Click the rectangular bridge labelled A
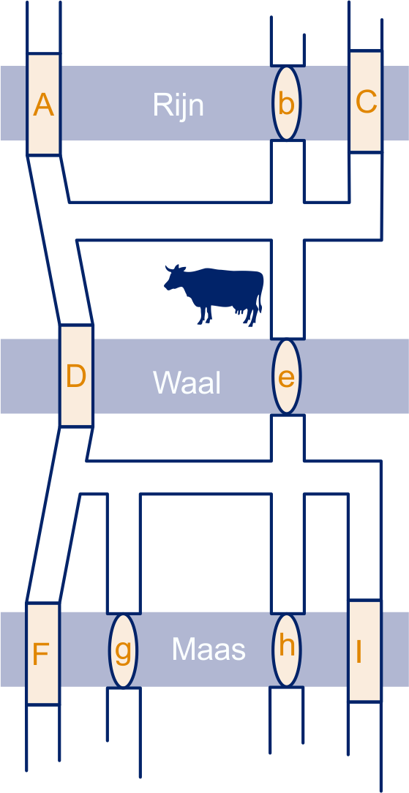pyautogui.click(x=43, y=104)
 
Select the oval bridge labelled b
pyautogui.click(x=287, y=103)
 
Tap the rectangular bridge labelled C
pyautogui.click(x=365, y=101)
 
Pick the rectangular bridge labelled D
pyautogui.click(x=76, y=376)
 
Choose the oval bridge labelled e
pyautogui.click(x=287, y=376)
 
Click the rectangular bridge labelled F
pyautogui.click(x=42, y=653)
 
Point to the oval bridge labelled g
pyautogui.click(x=123, y=650)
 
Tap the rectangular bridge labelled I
pyautogui.click(x=364, y=651)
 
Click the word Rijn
pyautogui.click(x=178, y=105)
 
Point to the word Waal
pyautogui.click(x=187, y=383)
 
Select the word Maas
pyautogui.click(x=209, y=649)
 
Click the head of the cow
pyautogui.click(x=174, y=278)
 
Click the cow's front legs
pyautogui.click(x=205, y=314)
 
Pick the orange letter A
pyautogui.click(x=43, y=105)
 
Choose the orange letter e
pyautogui.click(x=287, y=377)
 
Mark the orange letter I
pyautogui.click(x=359, y=652)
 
